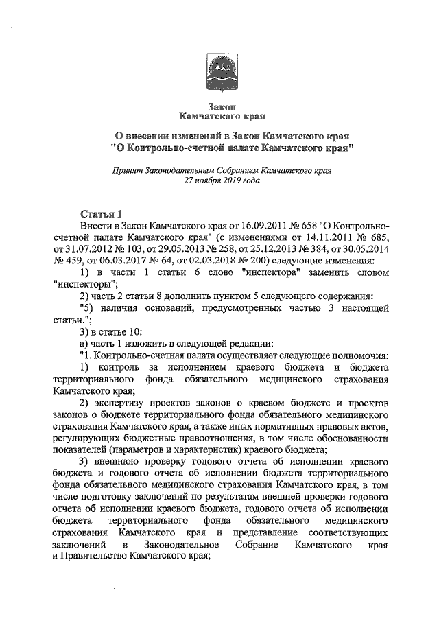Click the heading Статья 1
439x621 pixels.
(100, 213)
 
